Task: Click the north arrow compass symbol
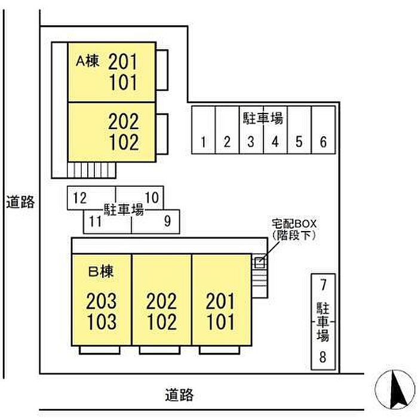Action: [x=395, y=389]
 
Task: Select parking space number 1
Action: [x=204, y=130]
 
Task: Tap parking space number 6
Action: [x=324, y=130]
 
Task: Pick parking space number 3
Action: [x=251, y=130]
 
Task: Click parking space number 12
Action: [x=91, y=198]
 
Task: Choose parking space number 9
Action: [x=156, y=222]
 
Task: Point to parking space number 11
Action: [x=107, y=222]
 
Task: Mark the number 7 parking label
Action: [x=324, y=285]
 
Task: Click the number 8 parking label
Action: [x=323, y=356]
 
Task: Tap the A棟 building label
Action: [x=88, y=61]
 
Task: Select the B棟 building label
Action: [x=101, y=271]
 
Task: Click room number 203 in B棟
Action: [x=102, y=301]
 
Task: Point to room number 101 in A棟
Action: [x=123, y=82]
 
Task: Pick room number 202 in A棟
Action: [x=124, y=121]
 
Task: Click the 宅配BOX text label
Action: [x=294, y=224]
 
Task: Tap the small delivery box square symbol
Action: [x=259, y=263]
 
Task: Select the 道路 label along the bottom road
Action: [x=179, y=395]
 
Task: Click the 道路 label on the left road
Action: [x=20, y=202]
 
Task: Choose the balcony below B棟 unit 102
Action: [x=159, y=350]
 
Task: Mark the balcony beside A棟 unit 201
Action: [x=162, y=70]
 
